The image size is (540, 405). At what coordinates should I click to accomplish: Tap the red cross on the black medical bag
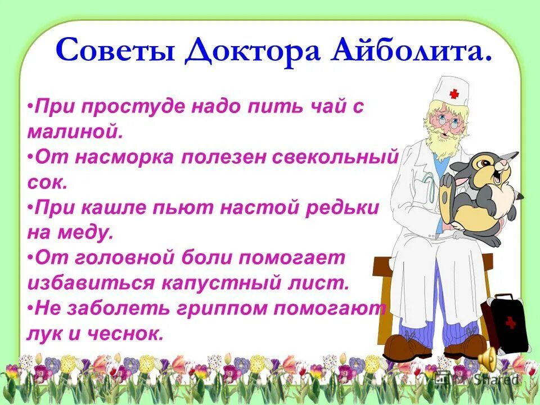point(511,322)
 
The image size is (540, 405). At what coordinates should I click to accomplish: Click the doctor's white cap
point(446,91)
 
